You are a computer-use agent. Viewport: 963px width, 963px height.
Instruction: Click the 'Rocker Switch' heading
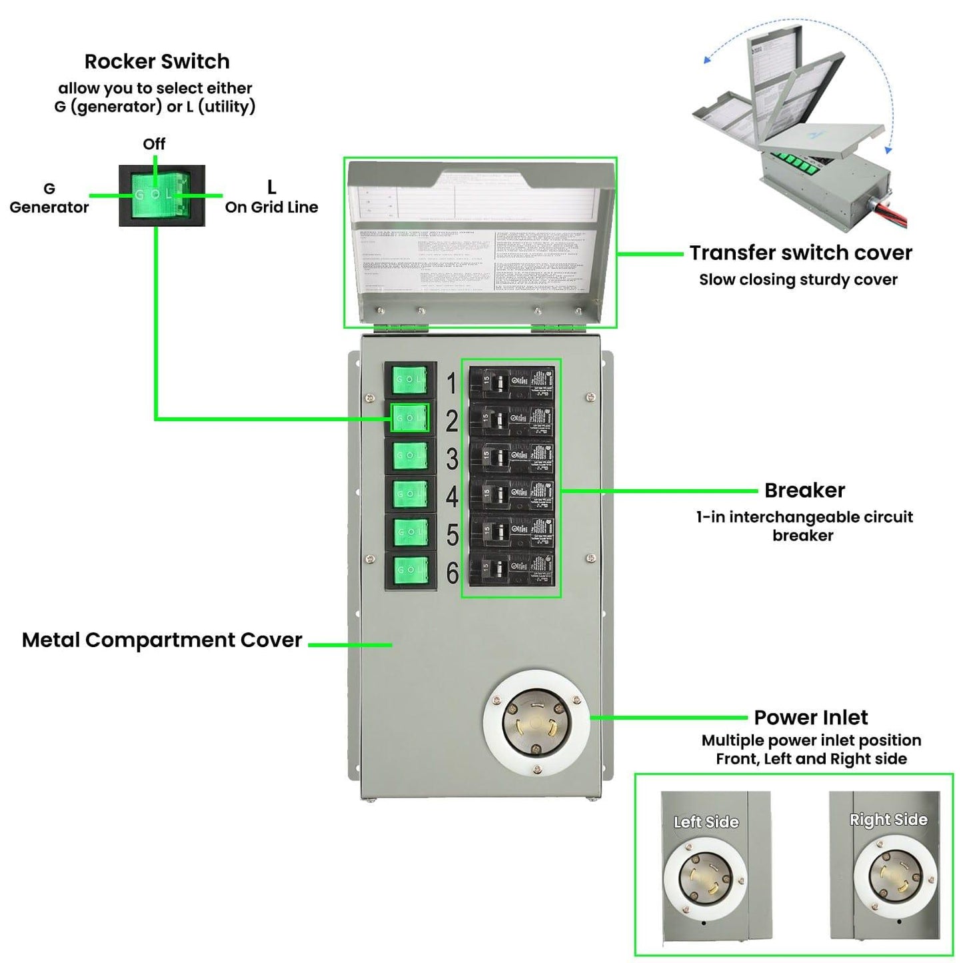tap(157, 61)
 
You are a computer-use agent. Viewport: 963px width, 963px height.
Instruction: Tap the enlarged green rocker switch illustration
tap(161, 195)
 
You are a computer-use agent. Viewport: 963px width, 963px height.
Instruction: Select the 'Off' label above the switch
tap(154, 144)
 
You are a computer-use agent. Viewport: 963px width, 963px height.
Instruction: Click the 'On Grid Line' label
tap(271, 207)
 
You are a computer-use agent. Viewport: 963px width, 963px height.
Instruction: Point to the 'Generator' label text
tap(49, 207)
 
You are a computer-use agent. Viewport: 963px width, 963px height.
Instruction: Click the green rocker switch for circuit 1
tap(409, 380)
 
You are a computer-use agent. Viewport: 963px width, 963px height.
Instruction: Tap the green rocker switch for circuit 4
tap(409, 494)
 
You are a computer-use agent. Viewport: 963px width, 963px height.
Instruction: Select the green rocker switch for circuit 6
tap(409, 570)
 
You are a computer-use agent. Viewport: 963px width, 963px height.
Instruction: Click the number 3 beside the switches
tap(452, 459)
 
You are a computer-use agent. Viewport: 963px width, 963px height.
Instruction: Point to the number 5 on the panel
tap(453, 535)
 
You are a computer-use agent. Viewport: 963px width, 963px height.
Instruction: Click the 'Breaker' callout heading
tap(804, 490)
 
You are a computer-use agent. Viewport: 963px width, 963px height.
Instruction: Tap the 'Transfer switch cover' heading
tap(800, 253)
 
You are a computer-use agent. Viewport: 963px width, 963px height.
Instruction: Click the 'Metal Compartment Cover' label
tap(162, 640)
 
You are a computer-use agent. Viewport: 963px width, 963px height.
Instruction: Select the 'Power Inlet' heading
tap(810, 718)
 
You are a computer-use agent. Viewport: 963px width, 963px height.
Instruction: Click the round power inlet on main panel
tap(536, 724)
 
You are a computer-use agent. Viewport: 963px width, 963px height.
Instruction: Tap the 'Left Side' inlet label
tap(706, 822)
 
